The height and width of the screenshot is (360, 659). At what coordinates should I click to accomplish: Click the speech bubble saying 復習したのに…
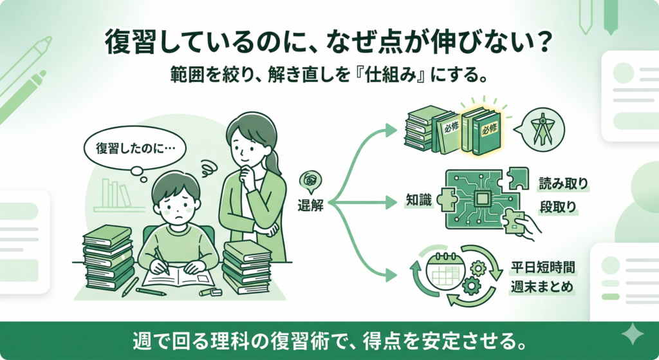coord(135,150)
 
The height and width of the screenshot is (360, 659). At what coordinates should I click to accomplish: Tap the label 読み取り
coord(563,184)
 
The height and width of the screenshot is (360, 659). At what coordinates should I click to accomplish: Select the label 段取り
coord(557,207)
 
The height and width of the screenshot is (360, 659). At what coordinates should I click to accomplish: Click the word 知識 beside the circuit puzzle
coord(418,200)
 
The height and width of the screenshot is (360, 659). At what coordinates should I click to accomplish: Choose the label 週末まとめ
coord(542,287)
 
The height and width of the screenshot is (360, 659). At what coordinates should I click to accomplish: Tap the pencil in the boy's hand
coord(162,261)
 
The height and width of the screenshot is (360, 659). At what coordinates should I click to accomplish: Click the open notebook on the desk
coord(176,277)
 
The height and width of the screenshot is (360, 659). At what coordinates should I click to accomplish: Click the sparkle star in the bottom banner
coord(632,334)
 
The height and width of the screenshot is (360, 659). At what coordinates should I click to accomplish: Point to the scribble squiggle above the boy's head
coord(208,167)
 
